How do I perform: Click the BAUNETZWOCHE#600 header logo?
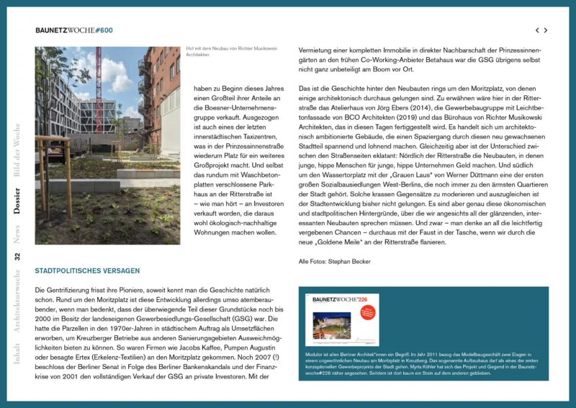[x=74, y=30]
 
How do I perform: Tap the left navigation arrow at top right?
[x=536, y=30]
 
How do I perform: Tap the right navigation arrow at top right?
[x=546, y=30]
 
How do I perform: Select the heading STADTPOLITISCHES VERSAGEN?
[x=87, y=271]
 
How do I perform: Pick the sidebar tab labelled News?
[x=17, y=234]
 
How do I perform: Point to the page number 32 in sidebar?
[x=17, y=256]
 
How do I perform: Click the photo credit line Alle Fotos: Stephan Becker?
[x=334, y=261]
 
